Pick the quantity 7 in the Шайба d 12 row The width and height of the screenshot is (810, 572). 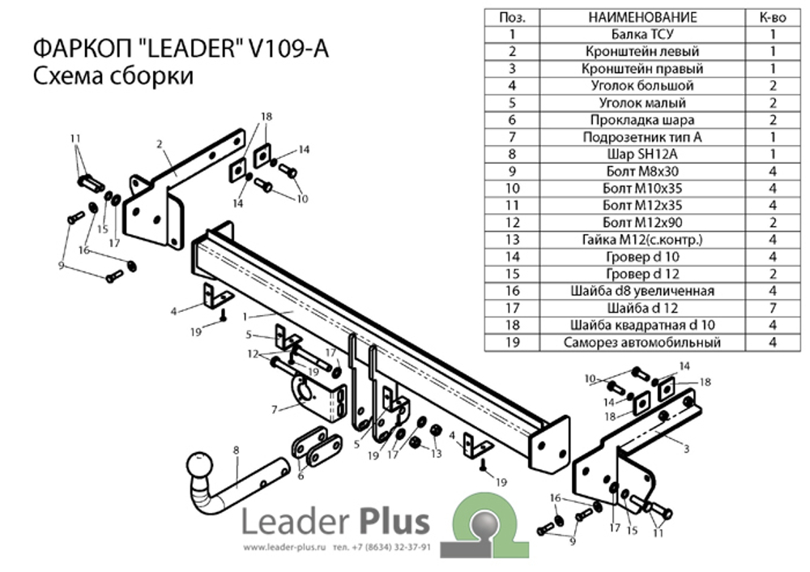[x=773, y=308]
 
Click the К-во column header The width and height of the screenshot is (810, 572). [x=773, y=17]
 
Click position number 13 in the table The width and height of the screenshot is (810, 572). [x=512, y=239]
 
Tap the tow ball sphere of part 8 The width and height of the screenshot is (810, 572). [x=199, y=467]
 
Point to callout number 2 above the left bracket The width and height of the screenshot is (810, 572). [x=160, y=144]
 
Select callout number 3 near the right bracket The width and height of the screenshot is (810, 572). [x=686, y=448]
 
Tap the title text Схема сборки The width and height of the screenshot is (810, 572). [x=113, y=77]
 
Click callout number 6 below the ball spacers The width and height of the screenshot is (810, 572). [x=301, y=476]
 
